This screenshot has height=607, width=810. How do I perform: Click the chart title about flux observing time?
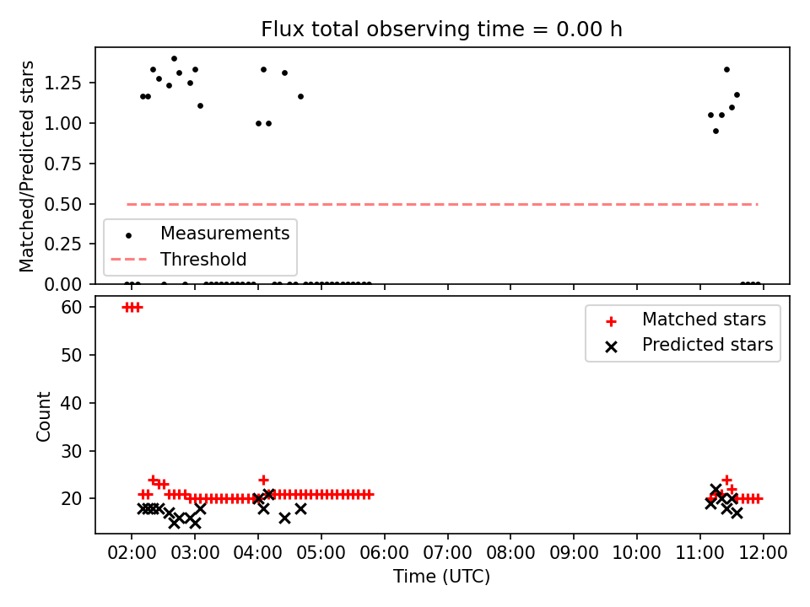(441, 30)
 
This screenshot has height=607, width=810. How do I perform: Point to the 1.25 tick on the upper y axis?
(62, 83)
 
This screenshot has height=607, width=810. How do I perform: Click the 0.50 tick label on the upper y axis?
(62, 204)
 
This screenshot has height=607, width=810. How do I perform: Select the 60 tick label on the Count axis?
(71, 307)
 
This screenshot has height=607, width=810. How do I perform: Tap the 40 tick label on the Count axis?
(71, 403)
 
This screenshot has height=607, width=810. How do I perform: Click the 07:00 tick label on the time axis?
(447, 553)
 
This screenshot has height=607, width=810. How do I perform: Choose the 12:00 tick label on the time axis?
(763, 553)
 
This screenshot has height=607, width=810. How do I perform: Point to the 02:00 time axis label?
(132, 553)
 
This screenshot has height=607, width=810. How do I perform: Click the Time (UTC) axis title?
(441, 576)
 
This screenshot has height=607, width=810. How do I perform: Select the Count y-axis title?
(43, 416)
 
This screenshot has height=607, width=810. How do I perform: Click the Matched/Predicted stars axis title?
(26, 166)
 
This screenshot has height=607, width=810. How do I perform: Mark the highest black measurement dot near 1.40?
(174, 59)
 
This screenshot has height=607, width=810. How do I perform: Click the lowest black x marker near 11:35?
(737, 513)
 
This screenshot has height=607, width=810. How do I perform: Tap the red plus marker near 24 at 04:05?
(263, 481)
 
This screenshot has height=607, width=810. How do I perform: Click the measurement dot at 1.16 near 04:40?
(300, 96)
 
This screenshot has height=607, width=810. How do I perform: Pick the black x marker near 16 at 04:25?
(284, 518)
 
